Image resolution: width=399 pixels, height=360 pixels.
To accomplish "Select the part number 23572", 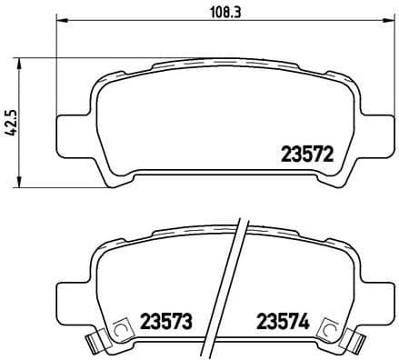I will (299, 155).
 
